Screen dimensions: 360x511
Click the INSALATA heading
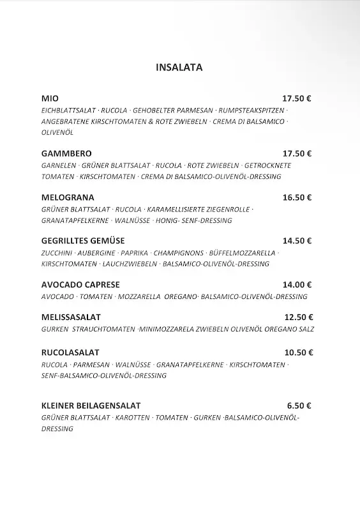pyautogui.click(x=179, y=67)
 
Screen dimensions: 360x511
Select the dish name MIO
pyautogui.click(x=49, y=98)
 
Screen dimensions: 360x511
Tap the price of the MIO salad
pyautogui.click(x=297, y=98)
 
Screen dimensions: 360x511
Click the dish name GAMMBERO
pyautogui.click(x=66, y=153)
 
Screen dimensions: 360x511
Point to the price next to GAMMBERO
pyautogui.click(x=297, y=153)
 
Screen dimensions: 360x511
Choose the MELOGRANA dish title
pyautogui.click(x=67, y=197)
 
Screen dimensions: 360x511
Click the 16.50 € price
pyautogui.click(x=297, y=197)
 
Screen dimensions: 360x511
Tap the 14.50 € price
pyautogui.click(x=297, y=241)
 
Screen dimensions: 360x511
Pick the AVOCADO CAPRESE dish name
pyautogui.click(x=80, y=285)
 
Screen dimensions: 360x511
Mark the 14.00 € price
pyautogui.click(x=297, y=285)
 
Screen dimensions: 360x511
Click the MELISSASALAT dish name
pyautogui.click(x=70, y=317)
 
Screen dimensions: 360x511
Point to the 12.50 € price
pyautogui.click(x=298, y=317)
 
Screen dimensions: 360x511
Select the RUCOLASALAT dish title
pyautogui.click(x=70, y=352)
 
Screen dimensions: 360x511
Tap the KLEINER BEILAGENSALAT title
pyautogui.click(x=91, y=405)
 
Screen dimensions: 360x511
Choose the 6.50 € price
pyautogui.click(x=299, y=405)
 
